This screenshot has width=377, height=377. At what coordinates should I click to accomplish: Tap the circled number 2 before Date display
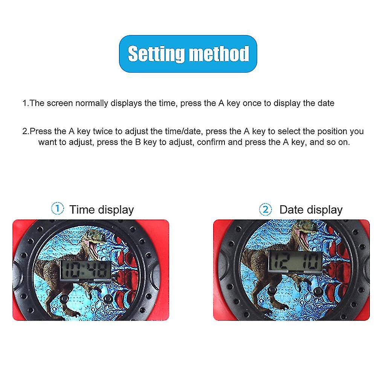266,209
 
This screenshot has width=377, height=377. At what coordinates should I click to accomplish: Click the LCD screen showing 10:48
86,270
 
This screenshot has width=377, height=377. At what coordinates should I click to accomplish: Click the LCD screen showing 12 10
295,261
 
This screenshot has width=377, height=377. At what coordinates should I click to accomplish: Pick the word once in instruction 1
252,103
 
